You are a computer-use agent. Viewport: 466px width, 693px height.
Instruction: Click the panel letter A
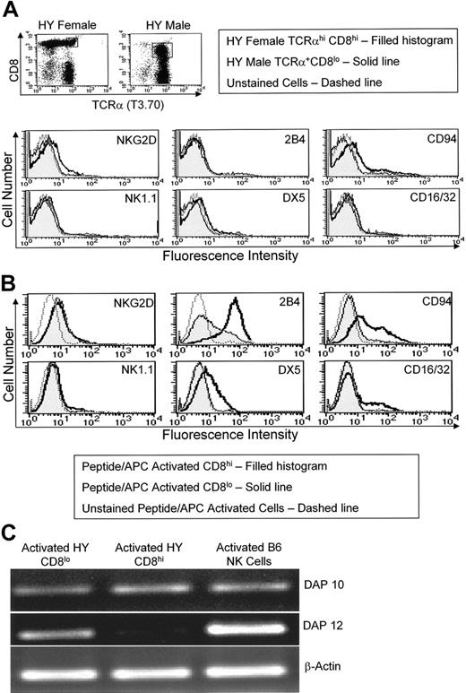(x=8, y=8)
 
